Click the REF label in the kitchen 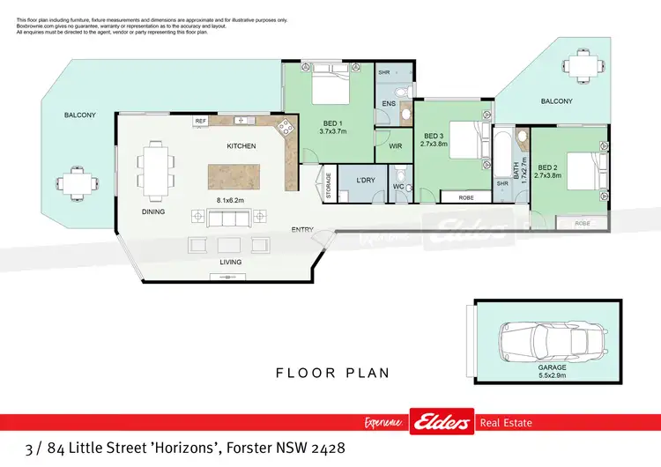pyautogui.click(x=200, y=121)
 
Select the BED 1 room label pyautogui.click(x=333, y=122)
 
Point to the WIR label pyautogui.click(x=396, y=146)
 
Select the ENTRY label pyautogui.click(x=303, y=230)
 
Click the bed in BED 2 pyautogui.click(x=583, y=171)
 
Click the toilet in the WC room pyautogui.click(x=399, y=174)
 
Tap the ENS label pyautogui.click(x=389, y=104)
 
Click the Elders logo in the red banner pyautogui.click(x=441, y=423)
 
